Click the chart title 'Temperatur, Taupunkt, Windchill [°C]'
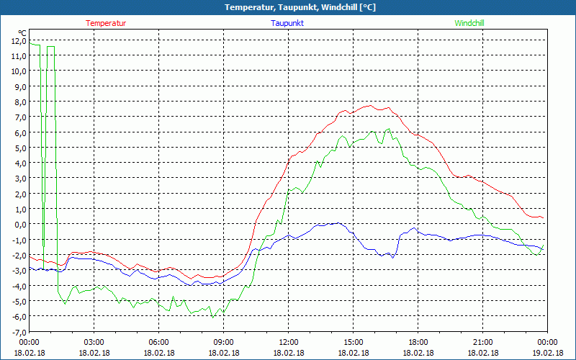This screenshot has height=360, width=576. click(289, 7)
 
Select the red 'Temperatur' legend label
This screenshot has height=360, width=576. click(106, 23)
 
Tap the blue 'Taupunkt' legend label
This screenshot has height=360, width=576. click(287, 23)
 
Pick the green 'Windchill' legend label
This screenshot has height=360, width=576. click(469, 23)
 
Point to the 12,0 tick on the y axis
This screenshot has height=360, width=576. click(18, 40)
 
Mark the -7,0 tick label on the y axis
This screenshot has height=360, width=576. click(18, 331)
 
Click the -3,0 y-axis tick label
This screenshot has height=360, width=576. click(18, 270)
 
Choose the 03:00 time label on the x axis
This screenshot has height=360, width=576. click(94, 342)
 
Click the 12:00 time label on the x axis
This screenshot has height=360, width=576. click(289, 342)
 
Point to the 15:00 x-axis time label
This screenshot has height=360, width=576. click(354, 342)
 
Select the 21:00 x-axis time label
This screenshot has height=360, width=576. click(483, 342)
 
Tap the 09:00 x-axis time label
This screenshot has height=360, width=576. click(224, 342)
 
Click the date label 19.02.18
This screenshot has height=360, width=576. click(548, 352)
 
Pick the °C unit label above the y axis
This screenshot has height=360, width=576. click(22, 33)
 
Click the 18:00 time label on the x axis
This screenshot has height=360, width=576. click(418, 342)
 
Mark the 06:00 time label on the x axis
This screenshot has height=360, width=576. click(159, 342)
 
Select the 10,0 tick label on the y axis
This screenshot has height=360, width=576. click(18, 71)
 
